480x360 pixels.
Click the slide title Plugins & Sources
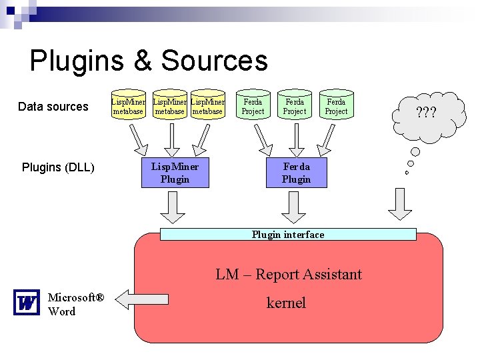pyautogui.click(x=149, y=61)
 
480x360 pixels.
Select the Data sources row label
pyautogui.click(x=53, y=107)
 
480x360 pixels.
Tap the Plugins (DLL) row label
pyautogui.click(x=58, y=167)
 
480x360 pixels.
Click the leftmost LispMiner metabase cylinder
pyautogui.click(x=128, y=105)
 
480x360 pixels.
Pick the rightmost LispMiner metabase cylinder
pyautogui.click(x=207, y=105)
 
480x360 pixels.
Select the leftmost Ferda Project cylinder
pyautogui.click(x=253, y=105)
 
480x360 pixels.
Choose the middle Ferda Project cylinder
pyautogui.click(x=295, y=105)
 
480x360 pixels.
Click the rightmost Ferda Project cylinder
pyautogui.click(x=336, y=105)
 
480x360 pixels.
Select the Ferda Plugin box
pyautogui.click(x=297, y=173)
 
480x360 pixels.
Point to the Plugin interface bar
pyautogui.click(x=288, y=235)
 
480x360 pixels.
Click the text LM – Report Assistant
pyautogui.click(x=288, y=274)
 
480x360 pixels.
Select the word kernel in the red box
pyautogui.click(x=286, y=303)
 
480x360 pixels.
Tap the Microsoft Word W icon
pyautogui.click(x=27, y=303)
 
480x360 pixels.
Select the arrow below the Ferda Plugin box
pyautogui.click(x=294, y=207)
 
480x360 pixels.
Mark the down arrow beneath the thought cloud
pyautogui.click(x=401, y=204)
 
